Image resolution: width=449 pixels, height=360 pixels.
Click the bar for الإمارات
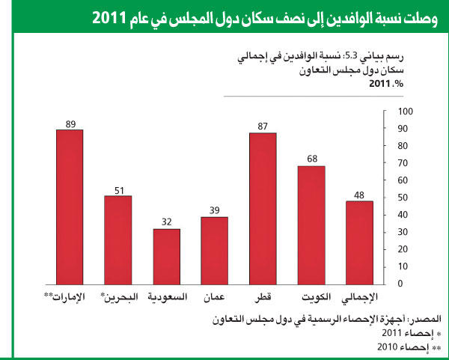coord(70,207)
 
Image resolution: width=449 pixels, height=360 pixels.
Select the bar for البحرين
coord(117,240)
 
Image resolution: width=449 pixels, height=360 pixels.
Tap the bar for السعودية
coord(167,256)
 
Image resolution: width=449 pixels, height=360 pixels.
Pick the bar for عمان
coord(214,250)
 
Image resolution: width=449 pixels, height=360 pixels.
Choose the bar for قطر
coord(263,208)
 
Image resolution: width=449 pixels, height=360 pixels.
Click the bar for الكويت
coord(311,225)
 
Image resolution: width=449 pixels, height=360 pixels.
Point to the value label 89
coord(70,123)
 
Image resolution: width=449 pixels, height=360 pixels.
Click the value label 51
coord(117,189)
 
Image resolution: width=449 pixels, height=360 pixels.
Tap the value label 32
coord(167,222)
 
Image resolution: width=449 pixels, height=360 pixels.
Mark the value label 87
coord(263,126)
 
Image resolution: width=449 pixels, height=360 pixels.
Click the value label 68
coord(311,159)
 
